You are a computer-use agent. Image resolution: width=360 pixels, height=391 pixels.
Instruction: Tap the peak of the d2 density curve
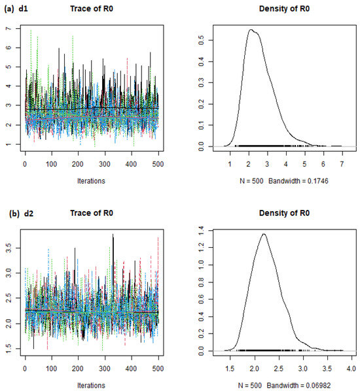click(x=264, y=233)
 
